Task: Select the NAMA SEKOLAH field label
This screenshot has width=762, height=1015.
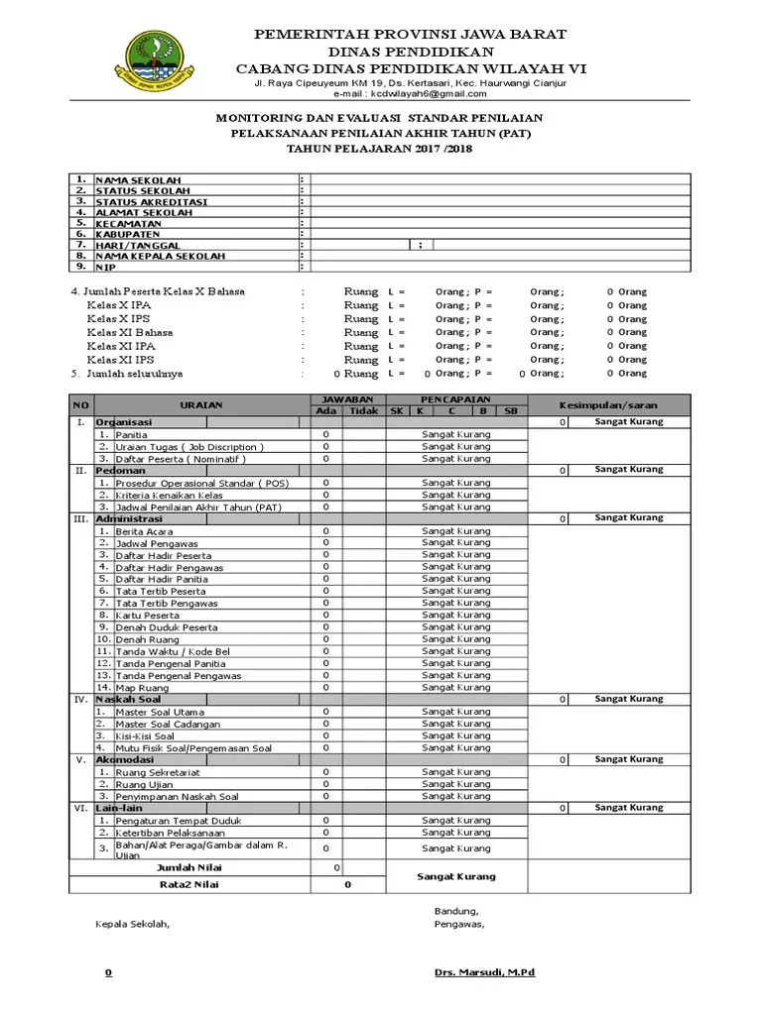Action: pyautogui.click(x=138, y=180)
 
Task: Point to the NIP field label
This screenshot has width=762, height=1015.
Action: pyautogui.click(x=105, y=267)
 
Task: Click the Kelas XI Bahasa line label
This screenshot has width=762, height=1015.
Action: pyautogui.click(x=129, y=333)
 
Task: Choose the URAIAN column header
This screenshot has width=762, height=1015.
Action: pyautogui.click(x=201, y=404)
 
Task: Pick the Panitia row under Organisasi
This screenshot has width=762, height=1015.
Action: pyautogui.click(x=132, y=434)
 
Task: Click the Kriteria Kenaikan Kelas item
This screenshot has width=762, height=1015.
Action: pyautogui.click(x=170, y=495)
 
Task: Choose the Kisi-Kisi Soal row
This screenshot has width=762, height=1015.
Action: pyautogui.click(x=145, y=736)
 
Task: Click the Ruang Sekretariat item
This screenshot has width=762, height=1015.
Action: pyautogui.click(x=157, y=772)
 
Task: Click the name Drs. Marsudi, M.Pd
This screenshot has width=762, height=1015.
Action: pyautogui.click(x=484, y=972)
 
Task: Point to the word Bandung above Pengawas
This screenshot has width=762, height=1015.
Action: pyautogui.click(x=455, y=911)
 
